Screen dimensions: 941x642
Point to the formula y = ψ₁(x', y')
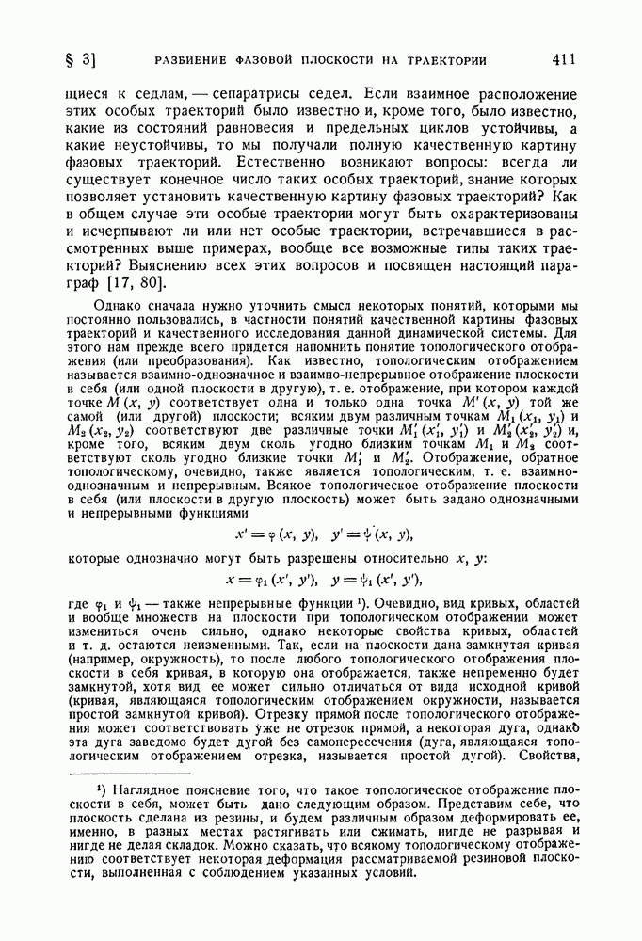point(373,581)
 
